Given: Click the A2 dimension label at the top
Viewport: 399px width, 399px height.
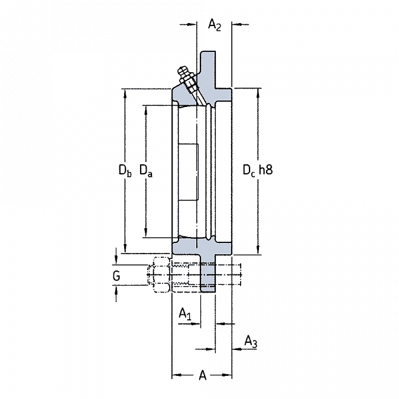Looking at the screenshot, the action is pos(215,25).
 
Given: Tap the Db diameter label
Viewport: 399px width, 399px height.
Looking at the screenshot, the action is pos(125,170).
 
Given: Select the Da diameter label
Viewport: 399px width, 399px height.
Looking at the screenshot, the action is pos(146,170).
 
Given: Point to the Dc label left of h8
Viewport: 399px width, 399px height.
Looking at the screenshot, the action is pos(249,170).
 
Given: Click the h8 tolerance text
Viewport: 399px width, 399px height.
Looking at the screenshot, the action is pos(265,170).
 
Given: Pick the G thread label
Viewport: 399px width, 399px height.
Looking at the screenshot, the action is pos(116,276).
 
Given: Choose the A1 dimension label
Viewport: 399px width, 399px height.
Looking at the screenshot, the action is pos(185,313).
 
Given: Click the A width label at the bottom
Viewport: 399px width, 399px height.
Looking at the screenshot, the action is pos(203,375).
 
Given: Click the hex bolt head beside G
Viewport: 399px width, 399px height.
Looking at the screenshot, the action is pos(158,275).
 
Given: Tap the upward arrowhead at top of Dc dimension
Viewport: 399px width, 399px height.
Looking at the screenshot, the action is pos(258,93).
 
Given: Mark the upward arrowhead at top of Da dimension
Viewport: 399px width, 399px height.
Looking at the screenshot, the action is pos(146,110).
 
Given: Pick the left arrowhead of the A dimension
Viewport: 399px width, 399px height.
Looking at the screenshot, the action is pos(176,375).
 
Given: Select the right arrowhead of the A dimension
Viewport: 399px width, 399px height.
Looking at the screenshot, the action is pos(227,375).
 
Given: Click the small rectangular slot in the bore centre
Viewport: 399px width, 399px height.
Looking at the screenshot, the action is pos(189,172).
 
